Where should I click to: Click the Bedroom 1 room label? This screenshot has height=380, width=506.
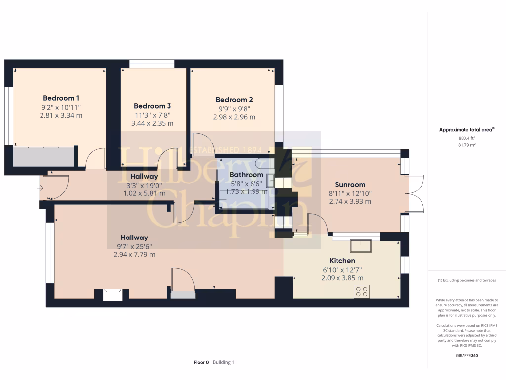pyautogui.click(x=61, y=98)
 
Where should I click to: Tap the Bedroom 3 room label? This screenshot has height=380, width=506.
pyautogui.click(x=152, y=106)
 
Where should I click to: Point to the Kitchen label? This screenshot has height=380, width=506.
pyautogui.click(x=342, y=261)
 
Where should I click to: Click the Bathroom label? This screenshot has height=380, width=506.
pyautogui.click(x=247, y=175)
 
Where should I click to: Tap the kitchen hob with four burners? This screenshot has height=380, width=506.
pyautogui.click(x=361, y=292)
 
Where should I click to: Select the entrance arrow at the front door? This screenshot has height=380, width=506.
pyautogui.click(x=40, y=188)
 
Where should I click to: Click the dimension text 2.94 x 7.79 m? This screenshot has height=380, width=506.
pyautogui.click(x=134, y=255)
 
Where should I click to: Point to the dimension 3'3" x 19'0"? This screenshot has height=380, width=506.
pyautogui.click(x=144, y=185)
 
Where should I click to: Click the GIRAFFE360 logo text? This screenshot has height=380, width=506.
pyautogui.click(x=467, y=355)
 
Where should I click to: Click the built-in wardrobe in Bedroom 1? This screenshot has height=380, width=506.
pyautogui.click(x=44, y=157)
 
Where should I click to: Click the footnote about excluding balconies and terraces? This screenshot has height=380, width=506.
pyautogui.click(x=466, y=280)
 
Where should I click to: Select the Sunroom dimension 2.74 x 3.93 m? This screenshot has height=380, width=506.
pyautogui.click(x=349, y=201)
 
